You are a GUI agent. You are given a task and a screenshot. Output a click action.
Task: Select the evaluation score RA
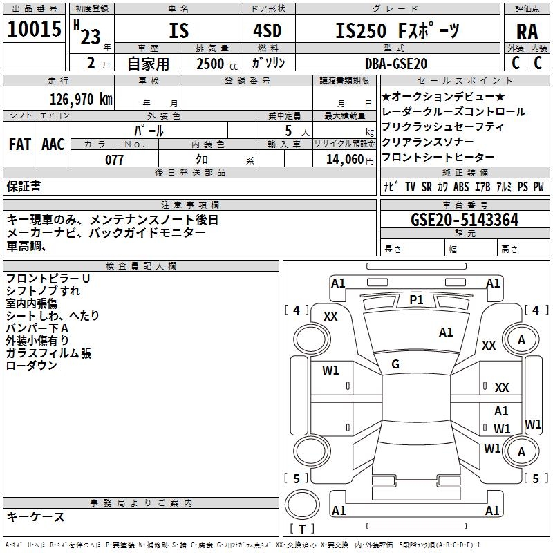tap(527, 31)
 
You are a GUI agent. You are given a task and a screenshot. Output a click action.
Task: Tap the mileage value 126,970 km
tap(81, 99)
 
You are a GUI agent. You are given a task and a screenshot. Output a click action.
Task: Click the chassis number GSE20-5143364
tap(465, 220)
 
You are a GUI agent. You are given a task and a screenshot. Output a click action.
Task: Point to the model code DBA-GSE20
tap(396, 63)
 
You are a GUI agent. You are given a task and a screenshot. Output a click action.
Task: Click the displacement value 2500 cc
tap(211, 64)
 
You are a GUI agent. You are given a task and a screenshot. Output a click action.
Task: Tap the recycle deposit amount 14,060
tap(344, 160)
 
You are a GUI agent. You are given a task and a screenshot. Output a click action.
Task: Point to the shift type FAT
tap(19, 144)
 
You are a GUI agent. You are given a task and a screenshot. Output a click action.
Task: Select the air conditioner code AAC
tap(53, 144)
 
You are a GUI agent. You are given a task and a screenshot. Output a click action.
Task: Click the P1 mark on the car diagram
tap(416, 299)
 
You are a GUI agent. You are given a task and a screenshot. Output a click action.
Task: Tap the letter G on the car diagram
tap(395, 364)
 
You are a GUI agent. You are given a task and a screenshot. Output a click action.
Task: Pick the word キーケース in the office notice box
tap(35, 516)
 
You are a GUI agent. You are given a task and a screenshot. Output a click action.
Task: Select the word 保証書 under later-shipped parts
tap(24, 186)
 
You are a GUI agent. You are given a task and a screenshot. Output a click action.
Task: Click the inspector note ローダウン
tap(31, 366)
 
